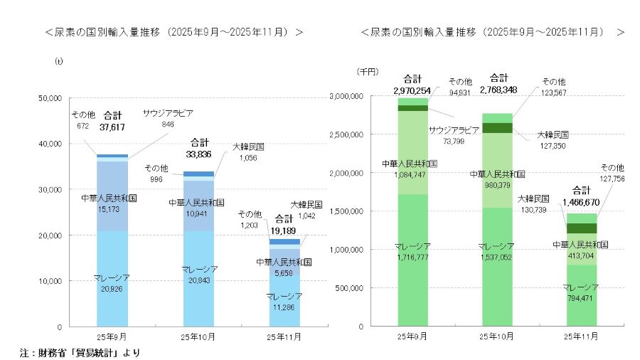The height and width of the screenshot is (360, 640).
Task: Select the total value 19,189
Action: (x=284, y=229)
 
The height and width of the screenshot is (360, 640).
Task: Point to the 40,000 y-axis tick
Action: (x=50, y=144)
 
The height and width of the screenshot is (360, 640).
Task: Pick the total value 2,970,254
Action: (x=412, y=90)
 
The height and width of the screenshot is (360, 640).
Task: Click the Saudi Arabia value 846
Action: (x=168, y=124)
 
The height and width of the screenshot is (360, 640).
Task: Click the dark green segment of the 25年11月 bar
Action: (x=581, y=228)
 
